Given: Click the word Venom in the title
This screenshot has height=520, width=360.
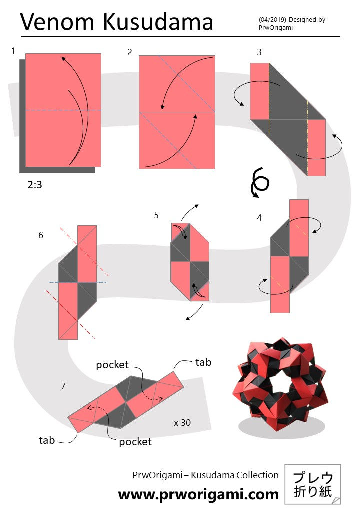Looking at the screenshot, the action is click(57, 22).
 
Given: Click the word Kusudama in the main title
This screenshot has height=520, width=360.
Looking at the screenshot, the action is click(158, 22).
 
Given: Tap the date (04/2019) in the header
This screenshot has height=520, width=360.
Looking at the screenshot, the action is click(272, 20).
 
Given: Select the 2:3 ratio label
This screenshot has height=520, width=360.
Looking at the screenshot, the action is click(35, 184).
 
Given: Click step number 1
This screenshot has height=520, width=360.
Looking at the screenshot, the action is click(13, 50).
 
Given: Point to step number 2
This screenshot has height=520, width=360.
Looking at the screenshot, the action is click(129, 52).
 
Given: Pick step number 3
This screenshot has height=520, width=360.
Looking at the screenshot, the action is click(259, 52).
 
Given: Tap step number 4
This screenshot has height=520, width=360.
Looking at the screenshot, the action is click(259, 218).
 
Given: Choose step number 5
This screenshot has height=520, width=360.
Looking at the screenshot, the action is click(156, 215).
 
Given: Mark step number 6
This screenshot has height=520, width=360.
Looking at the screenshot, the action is click(41, 235).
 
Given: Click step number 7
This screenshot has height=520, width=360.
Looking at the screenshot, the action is click(63, 386).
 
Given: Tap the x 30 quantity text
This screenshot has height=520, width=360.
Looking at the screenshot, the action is click(182, 423).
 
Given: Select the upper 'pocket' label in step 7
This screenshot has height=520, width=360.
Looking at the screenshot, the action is click(112, 365).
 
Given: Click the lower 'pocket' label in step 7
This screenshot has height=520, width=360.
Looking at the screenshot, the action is click(135, 442).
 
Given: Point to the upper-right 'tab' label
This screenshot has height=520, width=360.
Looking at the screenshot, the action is click(203, 362).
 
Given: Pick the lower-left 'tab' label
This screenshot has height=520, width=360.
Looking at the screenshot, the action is click(47, 440).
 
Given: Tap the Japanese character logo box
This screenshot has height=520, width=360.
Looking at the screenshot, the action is click(313, 484).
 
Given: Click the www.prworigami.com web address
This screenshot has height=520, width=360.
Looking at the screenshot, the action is click(198, 494).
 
